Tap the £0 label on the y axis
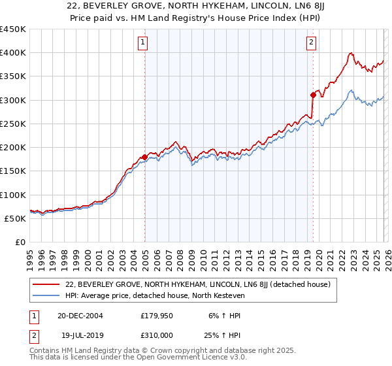20,242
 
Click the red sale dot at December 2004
144,157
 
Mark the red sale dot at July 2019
313,95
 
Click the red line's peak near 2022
351,54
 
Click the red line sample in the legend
46,284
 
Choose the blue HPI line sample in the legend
46,295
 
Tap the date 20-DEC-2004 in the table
80,316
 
